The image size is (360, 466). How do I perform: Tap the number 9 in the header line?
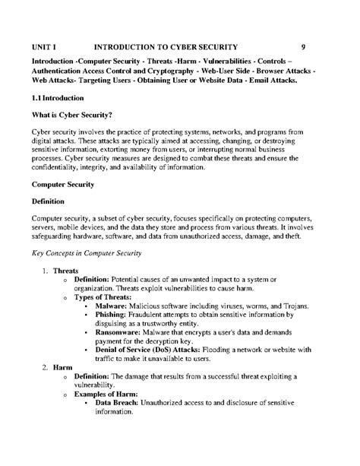(x=303, y=46)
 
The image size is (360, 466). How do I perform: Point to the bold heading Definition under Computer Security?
(x=48, y=201)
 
